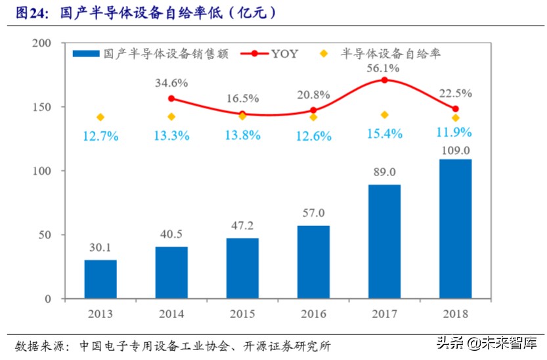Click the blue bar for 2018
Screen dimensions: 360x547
pos(455,229)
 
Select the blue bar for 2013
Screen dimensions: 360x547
pos(100,279)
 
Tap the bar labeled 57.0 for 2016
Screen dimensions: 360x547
pos(313,262)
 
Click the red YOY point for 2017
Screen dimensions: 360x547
pos(384,80)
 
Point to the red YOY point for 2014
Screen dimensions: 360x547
pos(171,99)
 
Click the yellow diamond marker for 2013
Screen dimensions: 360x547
pos(100,117)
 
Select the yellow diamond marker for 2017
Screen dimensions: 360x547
pos(384,114)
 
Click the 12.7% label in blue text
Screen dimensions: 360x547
pos(100,137)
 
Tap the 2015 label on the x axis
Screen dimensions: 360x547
pos(242,313)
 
